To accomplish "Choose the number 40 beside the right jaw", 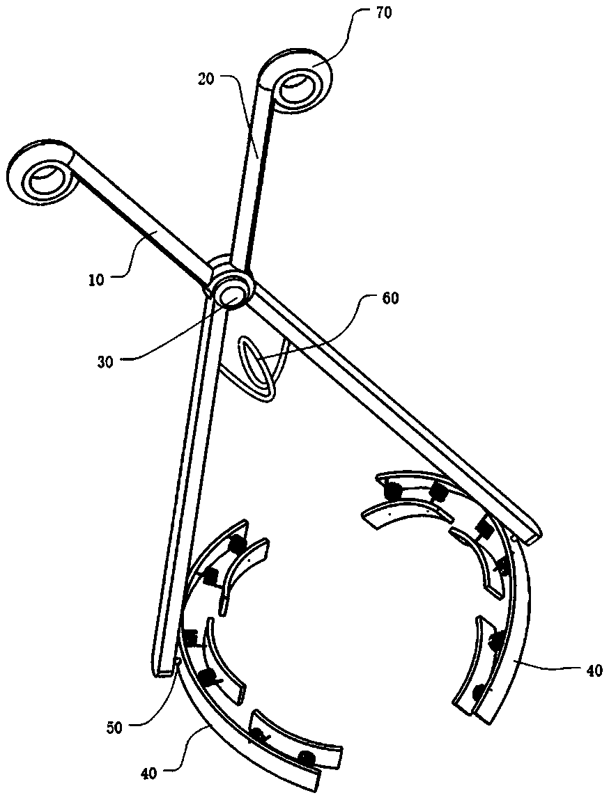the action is click(x=592, y=670).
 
